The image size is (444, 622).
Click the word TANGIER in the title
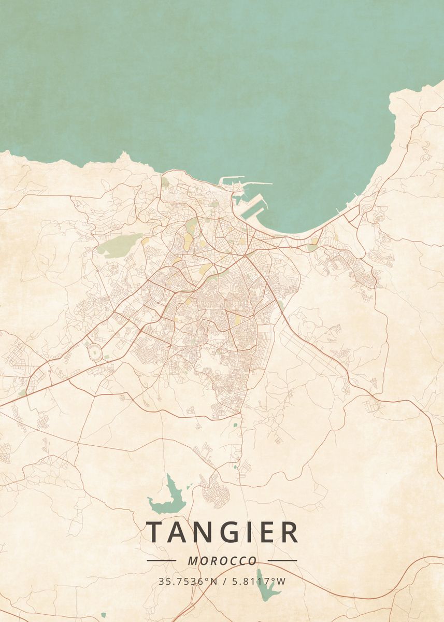click(222, 532)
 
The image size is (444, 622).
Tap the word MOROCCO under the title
click(222, 561)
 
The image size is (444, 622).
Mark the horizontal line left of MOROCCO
click(161, 560)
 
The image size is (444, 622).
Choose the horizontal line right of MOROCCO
click(282, 560)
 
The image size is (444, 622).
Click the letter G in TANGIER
click(227, 532)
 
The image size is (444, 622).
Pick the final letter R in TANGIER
click(289, 532)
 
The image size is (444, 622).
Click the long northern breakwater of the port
click(246, 182)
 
